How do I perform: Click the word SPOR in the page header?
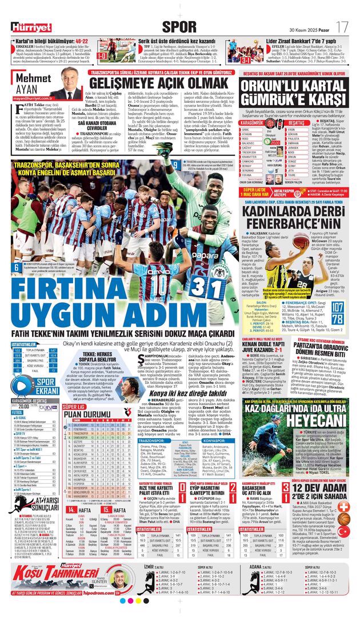tap(179, 26)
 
